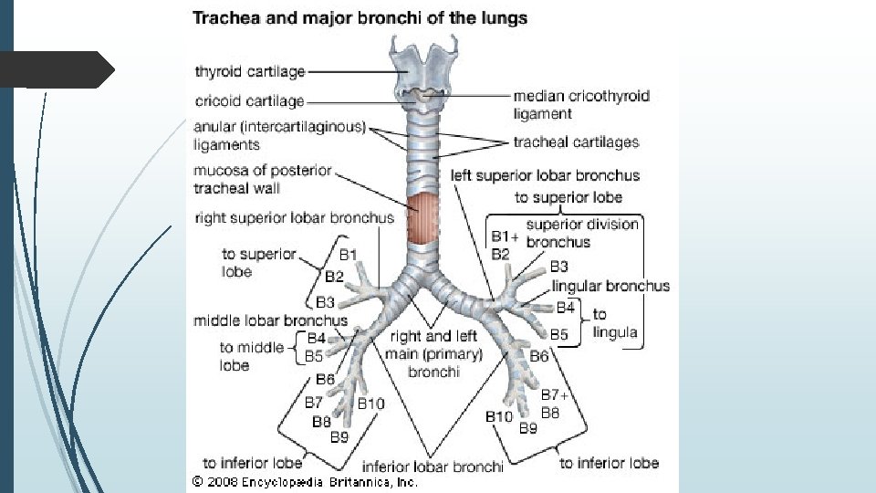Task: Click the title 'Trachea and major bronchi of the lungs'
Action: click(360, 18)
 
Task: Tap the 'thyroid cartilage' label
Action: click(249, 71)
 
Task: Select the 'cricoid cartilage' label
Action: click(249, 100)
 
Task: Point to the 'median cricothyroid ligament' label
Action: click(580, 104)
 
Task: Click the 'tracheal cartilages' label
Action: click(576, 142)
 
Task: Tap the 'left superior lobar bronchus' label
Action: click(545, 175)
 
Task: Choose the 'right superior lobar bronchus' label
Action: click(294, 218)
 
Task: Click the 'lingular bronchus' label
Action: click(610, 286)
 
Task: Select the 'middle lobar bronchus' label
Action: click(270, 320)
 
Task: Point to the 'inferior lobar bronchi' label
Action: click(433, 467)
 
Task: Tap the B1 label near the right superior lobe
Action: click(349, 254)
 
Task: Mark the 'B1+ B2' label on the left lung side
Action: click(504, 246)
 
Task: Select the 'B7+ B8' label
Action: click(554, 404)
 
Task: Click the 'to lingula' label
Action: click(614, 323)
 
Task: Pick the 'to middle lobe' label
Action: click(251, 356)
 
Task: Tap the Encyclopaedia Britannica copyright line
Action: click(305, 481)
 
